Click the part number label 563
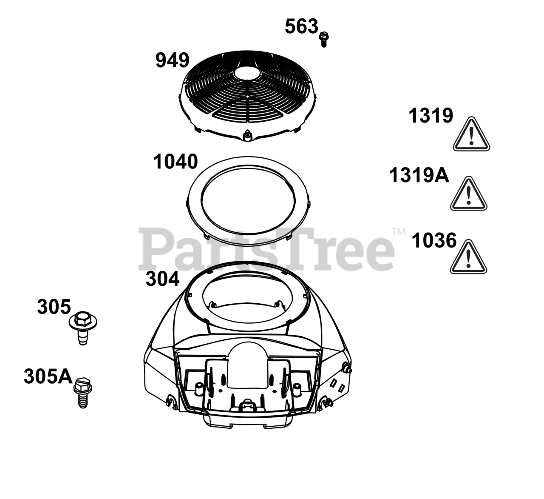point(301,27)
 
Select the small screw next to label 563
point(324,40)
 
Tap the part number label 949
point(172,60)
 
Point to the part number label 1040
point(176,162)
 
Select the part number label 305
point(54,307)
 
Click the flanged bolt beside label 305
point(83,328)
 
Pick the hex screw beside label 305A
point(83,392)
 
